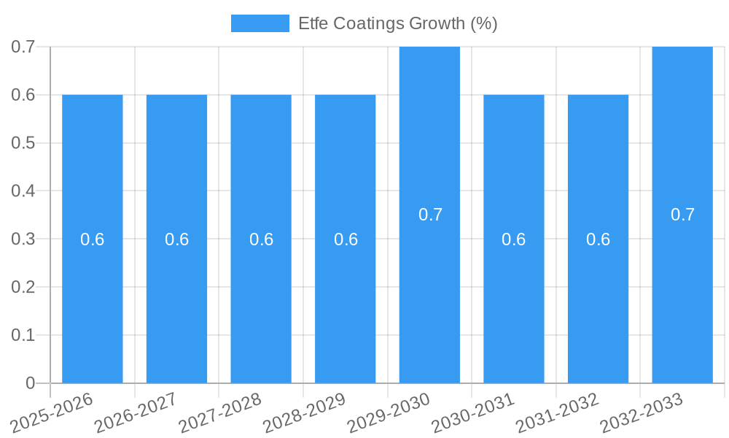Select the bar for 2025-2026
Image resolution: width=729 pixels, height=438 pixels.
pyautogui.click(x=93, y=307)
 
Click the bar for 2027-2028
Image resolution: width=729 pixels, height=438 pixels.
pyautogui.click(x=261, y=307)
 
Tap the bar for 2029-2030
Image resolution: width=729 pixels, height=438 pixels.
pyautogui.click(x=429, y=292)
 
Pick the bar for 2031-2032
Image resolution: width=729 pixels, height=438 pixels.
pyautogui.click(x=598, y=307)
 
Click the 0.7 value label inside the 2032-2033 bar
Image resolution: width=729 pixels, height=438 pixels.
pyautogui.click(x=682, y=215)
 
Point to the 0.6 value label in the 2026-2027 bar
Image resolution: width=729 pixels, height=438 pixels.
pyautogui.click(x=176, y=239)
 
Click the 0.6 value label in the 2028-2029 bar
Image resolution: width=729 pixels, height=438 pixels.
pyautogui.click(x=346, y=239)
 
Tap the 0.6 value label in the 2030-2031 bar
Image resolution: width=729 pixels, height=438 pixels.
pyautogui.click(x=514, y=239)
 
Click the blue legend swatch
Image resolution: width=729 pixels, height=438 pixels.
pyautogui.click(x=260, y=23)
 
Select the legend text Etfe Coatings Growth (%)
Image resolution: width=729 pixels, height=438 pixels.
pyautogui.click(x=397, y=23)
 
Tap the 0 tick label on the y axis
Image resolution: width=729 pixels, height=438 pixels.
pyautogui.click(x=30, y=383)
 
